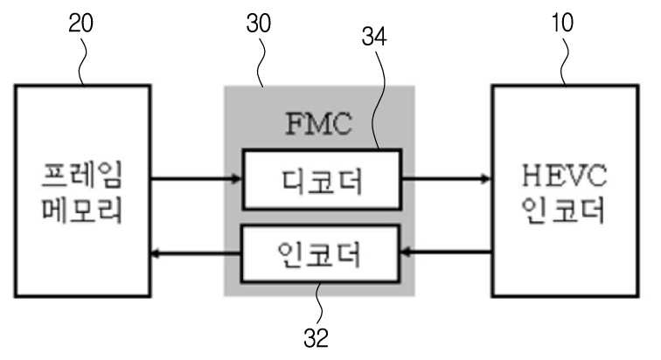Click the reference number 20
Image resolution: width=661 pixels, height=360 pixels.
(80, 24)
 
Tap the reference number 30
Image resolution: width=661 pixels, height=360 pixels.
(259, 24)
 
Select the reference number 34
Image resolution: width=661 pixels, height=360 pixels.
(374, 37)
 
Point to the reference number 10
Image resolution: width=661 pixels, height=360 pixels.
(562, 23)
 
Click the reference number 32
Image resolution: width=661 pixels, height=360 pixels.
(316, 337)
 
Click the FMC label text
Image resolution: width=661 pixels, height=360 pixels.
(318, 123)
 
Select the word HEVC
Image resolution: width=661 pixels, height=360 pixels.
(565, 175)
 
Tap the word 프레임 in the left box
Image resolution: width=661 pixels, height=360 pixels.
(82, 174)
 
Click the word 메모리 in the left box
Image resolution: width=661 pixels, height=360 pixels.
(82, 209)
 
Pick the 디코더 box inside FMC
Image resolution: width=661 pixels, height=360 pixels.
(322, 179)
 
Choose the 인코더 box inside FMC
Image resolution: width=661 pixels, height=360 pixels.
(320, 253)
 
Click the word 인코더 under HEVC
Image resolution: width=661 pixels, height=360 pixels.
(563, 209)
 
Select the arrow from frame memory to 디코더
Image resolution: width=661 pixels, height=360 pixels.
(196, 179)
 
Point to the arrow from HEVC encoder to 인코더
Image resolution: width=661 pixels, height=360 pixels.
(446, 253)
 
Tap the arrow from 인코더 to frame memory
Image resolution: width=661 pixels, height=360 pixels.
(196, 253)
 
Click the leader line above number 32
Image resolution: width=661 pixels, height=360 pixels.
(319, 303)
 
